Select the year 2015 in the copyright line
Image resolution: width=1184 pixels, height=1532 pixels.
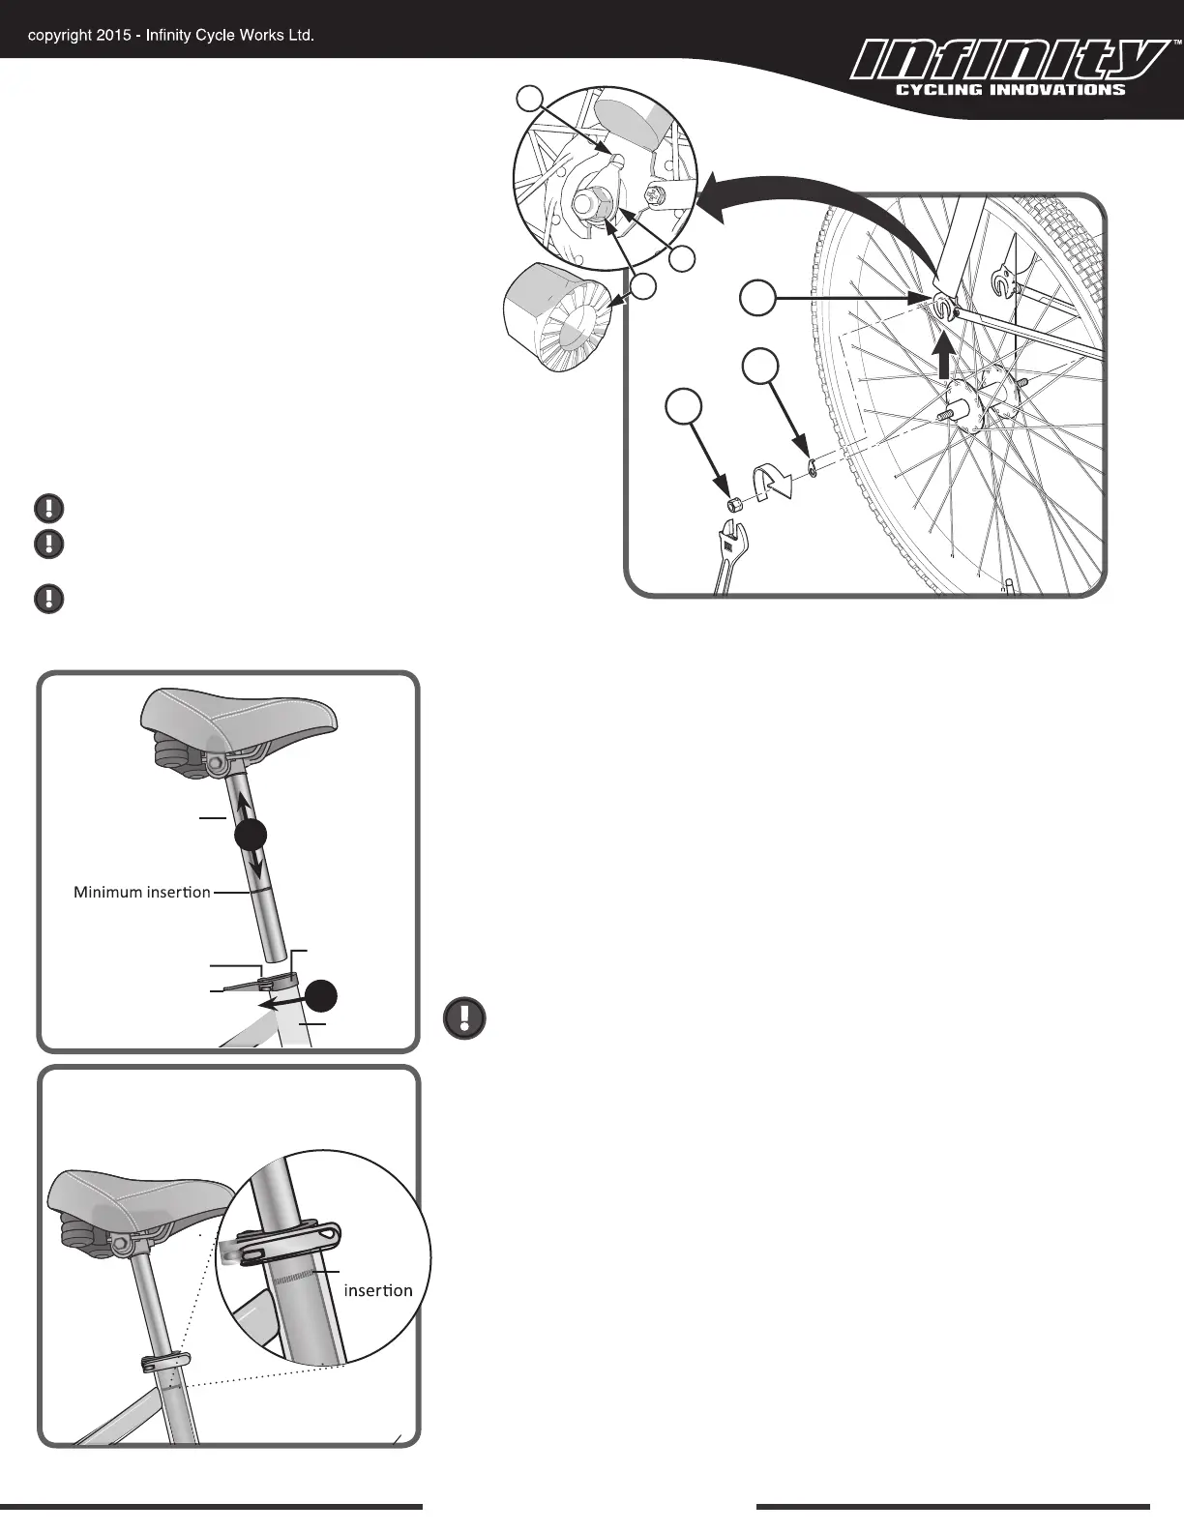click(x=114, y=36)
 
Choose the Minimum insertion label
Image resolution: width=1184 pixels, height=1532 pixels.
click(x=142, y=892)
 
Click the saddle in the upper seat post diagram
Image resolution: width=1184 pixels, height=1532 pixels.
click(x=239, y=716)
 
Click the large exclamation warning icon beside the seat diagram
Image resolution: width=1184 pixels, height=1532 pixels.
click(x=464, y=1018)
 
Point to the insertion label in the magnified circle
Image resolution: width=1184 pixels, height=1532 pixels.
click(x=378, y=1290)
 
